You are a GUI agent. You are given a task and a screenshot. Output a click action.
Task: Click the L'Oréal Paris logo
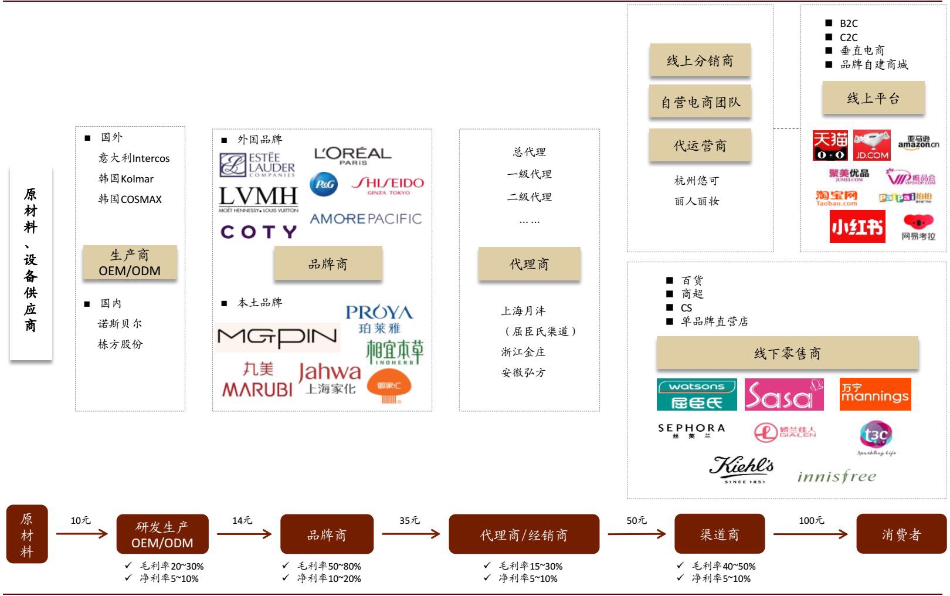coord(352,155)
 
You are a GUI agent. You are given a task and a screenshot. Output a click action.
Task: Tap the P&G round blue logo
coord(324,184)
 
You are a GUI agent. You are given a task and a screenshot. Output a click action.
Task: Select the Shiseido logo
coord(388,185)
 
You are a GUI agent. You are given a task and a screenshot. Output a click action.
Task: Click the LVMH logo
coord(259,199)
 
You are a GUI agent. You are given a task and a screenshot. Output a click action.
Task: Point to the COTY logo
coord(259,232)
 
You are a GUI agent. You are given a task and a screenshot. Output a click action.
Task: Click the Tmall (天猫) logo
coord(830,145)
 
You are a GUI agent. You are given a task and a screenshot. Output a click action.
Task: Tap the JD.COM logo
coord(871,145)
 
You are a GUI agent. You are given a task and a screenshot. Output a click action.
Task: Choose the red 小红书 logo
coord(857,226)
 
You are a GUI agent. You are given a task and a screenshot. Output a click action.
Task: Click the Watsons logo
coord(697,394)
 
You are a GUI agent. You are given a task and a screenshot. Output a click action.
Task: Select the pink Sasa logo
coord(783,394)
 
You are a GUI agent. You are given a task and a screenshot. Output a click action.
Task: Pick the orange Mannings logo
coord(874,394)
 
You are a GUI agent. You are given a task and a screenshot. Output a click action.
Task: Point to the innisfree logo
coord(836,476)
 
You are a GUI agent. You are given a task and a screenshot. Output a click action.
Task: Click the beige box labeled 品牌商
coord(328,264)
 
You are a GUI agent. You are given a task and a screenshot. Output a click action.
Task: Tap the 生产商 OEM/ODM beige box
coord(130,263)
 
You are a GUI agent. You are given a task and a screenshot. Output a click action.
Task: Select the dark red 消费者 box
coord(901,534)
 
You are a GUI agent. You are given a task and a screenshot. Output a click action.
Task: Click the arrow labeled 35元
coord(410,534)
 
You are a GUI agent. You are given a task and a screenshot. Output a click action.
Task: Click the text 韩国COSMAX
coord(130,199)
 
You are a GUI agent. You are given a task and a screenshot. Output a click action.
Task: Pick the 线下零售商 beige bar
coord(787,353)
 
